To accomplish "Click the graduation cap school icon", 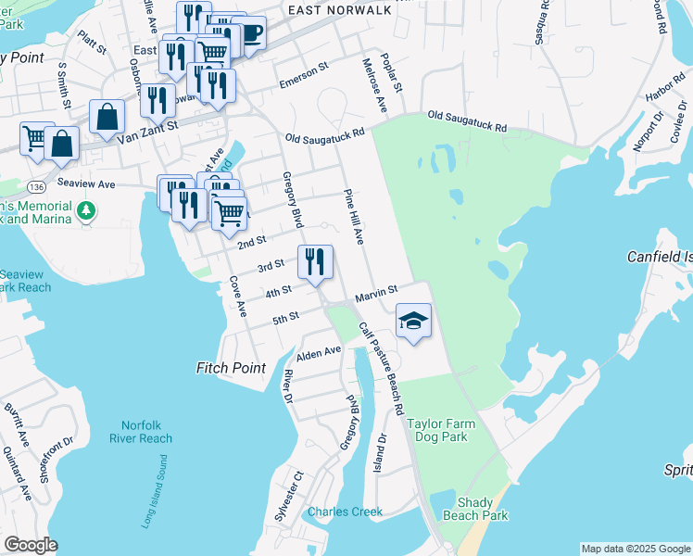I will pos(414,322).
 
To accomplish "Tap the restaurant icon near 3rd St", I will pos(315,262).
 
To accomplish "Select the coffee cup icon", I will pos(248,33).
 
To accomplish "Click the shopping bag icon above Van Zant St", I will pos(107,118).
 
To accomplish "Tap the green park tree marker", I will pos(86,211).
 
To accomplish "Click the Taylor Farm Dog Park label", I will pos(437,430).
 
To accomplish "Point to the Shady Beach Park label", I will pos(483,509).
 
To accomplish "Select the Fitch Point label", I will pos(231,368).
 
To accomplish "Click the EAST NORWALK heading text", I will pos(335,9).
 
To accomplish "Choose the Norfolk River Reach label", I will pos(141,432).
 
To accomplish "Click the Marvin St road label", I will pos(375,294).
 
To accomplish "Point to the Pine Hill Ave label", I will pos(353,217).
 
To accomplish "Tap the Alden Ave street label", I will pos(319,353).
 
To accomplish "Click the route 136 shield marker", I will pos(32,174).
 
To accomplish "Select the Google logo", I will pos(30,545).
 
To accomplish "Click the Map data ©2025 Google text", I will pos(635,549).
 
